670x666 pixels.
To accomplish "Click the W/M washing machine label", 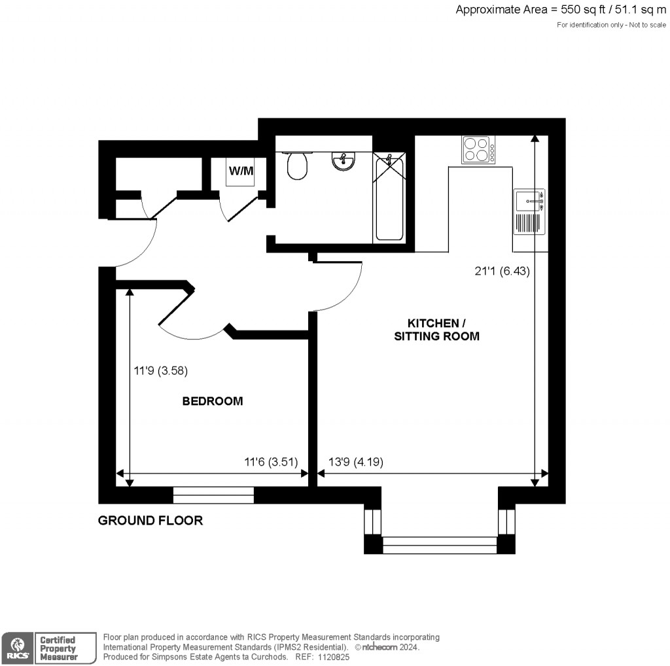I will pyautogui.click(x=240, y=171).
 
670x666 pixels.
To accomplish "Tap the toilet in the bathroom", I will pyautogui.click(x=297, y=166).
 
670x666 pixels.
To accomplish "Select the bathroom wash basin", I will pyautogui.click(x=343, y=160).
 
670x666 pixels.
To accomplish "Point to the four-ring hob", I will pyautogui.click(x=478, y=149).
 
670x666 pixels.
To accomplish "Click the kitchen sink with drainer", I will pyautogui.click(x=529, y=210).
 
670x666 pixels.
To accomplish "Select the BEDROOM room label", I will pyautogui.click(x=212, y=401).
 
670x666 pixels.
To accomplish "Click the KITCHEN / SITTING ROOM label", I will pyautogui.click(x=436, y=330).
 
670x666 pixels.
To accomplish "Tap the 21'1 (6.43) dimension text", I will pyautogui.click(x=502, y=271).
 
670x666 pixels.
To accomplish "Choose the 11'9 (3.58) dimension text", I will pyautogui.click(x=161, y=371).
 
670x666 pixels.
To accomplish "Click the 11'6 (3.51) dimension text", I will pyautogui.click(x=271, y=462).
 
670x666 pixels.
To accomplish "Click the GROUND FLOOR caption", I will pyautogui.click(x=150, y=521).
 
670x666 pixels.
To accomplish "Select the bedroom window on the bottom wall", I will pyautogui.click(x=213, y=495).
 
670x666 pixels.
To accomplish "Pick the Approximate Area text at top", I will pyautogui.click(x=562, y=10).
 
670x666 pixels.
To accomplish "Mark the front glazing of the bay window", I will pyautogui.click(x=439, y=545).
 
